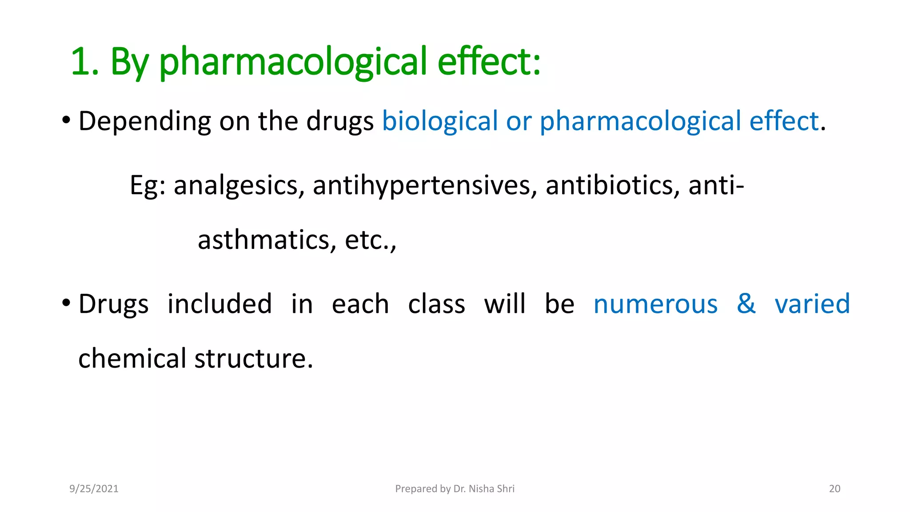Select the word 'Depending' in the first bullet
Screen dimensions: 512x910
144,121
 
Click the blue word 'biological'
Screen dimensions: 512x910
440,121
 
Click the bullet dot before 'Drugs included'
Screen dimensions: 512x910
66,304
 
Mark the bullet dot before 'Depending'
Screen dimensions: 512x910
66,120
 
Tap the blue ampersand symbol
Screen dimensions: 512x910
746,304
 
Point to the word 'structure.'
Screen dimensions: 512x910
254,359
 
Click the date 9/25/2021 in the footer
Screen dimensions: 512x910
94,489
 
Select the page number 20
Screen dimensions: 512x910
834,489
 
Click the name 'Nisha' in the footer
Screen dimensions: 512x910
481,489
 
